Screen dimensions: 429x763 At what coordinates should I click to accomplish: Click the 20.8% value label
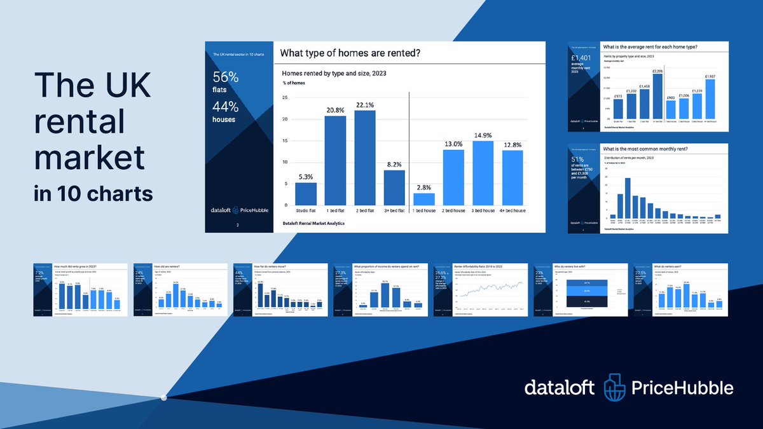[335, 109]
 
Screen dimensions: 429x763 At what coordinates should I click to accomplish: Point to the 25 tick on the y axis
[284, 97]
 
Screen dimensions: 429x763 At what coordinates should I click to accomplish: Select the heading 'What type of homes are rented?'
[349, 53]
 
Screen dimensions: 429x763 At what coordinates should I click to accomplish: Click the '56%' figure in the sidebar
[226, 78]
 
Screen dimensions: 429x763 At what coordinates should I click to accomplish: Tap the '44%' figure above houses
[226, 106]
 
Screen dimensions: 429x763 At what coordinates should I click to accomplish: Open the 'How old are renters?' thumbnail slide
[177, 290]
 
